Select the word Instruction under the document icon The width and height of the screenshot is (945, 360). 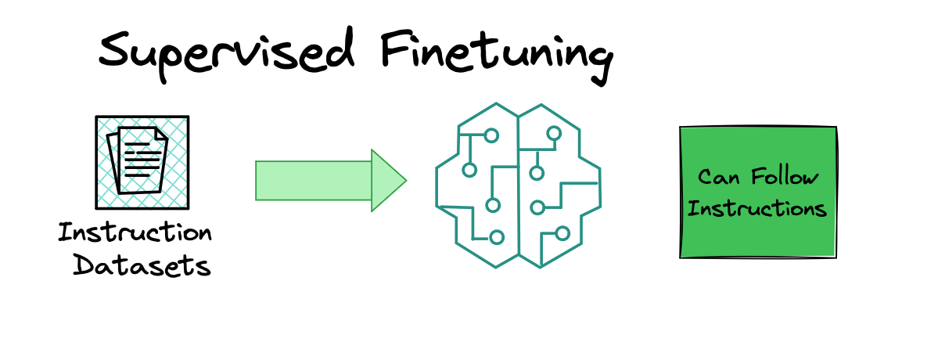[x=135, y=233]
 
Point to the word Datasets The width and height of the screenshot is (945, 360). [x=142, y=265]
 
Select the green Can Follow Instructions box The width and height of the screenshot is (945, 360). [x=758, y=192]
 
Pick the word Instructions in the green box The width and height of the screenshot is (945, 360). [x=757, y=209]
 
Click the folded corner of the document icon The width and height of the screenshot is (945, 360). [x=161, y=134]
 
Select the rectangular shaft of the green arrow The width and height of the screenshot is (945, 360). [x=313, y=180]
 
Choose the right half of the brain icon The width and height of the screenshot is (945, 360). [x=559, y=185]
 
